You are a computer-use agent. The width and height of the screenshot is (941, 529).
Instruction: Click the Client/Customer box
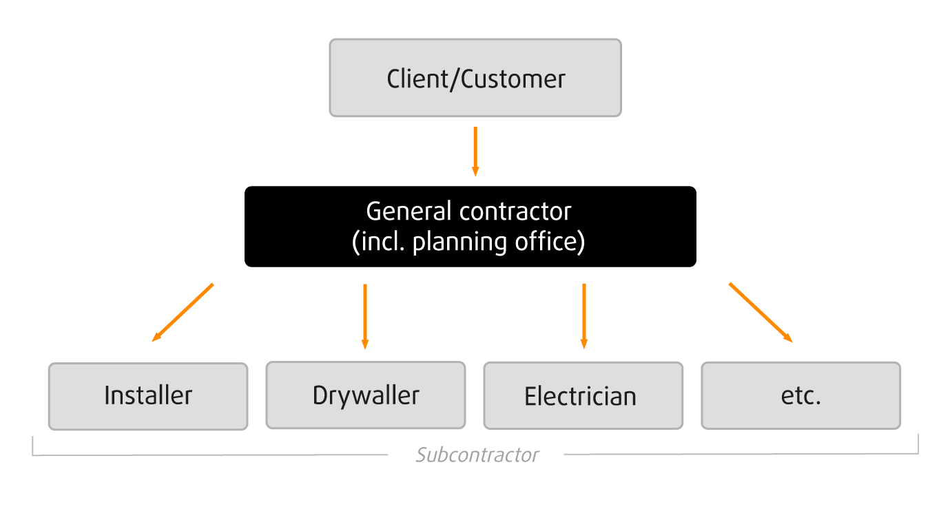475,78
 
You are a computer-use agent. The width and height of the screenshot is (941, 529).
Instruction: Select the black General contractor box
470,227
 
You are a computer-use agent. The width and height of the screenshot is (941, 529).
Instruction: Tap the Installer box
147,396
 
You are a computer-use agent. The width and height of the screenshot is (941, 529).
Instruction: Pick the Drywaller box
365,395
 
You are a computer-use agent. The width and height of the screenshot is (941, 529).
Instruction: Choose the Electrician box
583,396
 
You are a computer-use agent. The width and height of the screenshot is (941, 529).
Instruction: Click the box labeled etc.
800,396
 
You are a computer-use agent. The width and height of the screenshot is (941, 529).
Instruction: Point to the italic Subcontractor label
477,455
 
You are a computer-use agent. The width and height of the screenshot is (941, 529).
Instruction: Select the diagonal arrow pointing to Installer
183,312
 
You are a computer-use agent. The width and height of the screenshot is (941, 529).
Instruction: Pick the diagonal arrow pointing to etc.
760,312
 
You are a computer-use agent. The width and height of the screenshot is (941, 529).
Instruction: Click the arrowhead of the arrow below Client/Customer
475,171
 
